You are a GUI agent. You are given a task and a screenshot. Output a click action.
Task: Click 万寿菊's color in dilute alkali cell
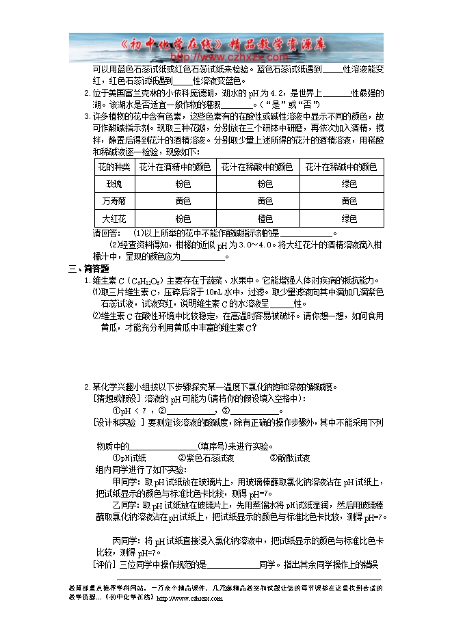tap(349, 202)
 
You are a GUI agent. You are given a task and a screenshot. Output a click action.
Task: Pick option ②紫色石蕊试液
tap(206, 458)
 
